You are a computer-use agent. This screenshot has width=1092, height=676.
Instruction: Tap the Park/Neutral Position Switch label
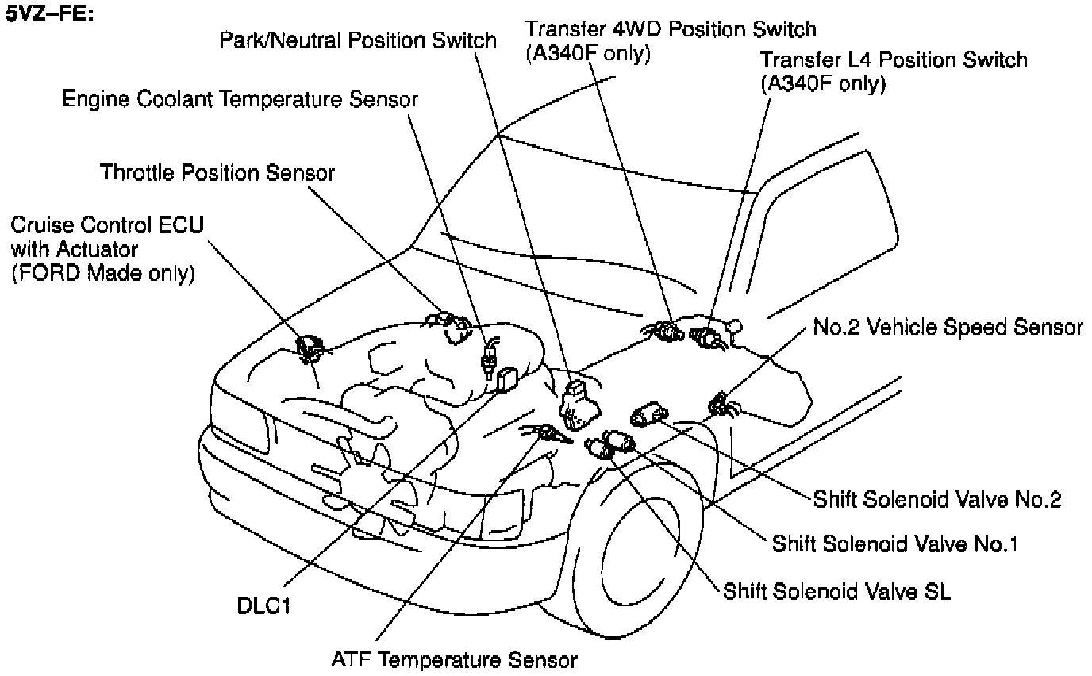click(358, 40)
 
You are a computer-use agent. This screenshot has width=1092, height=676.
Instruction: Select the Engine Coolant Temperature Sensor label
click(240, 100)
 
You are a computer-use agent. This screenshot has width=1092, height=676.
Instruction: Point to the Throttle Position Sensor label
click(217, 172)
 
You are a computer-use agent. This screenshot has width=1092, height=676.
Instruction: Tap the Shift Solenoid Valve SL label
click(836, 592)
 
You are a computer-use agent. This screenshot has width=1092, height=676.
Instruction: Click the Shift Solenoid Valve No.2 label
click(937, 499)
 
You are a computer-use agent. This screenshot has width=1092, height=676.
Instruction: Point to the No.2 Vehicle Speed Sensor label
click(948, 327)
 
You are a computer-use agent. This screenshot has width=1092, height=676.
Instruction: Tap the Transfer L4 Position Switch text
click(893, 60)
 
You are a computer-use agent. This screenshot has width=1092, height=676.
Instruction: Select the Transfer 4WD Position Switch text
click(671, 30)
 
